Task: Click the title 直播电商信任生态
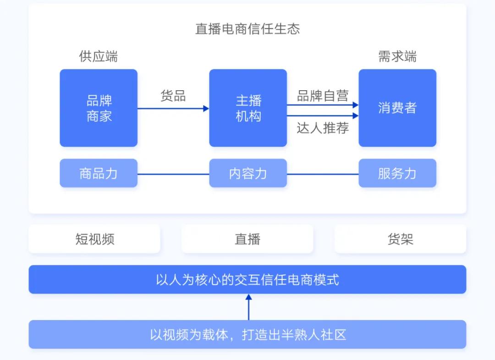247,29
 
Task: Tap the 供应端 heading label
99,56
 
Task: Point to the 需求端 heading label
397,56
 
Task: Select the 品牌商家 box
99,108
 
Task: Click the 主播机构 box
248,108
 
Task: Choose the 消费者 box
397,108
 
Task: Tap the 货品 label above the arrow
173,96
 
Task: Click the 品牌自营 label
323,96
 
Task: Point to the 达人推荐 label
323,128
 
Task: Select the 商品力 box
99,173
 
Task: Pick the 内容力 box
248,173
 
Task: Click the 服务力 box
397,173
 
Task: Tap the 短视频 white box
94,239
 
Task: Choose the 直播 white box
247,239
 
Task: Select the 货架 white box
400,239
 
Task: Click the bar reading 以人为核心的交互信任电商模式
247,279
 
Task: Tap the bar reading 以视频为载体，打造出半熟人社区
247,334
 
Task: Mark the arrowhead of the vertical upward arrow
249,297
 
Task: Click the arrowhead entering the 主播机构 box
206,109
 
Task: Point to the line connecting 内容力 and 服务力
323,174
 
